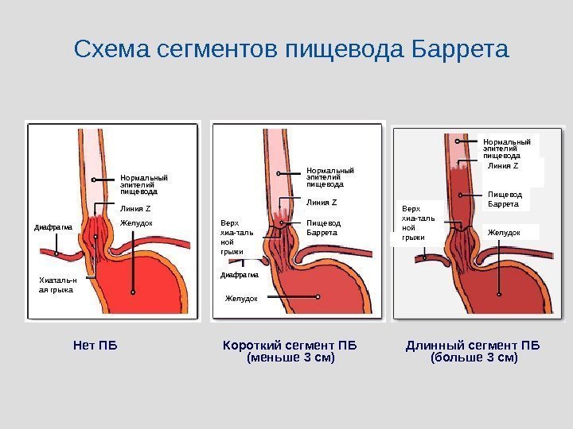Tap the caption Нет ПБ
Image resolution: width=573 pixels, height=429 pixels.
(95, 346)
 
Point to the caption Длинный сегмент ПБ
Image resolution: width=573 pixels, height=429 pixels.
(473, 346)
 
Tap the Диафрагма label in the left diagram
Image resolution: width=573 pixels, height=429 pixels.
(53, 228)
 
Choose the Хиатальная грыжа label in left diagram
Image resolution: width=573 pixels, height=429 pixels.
(57, 285)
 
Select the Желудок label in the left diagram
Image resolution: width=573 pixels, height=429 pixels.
(136, 223)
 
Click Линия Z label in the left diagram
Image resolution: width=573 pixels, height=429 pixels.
(135, 209)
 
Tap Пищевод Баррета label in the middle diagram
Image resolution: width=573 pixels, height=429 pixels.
(323, 228)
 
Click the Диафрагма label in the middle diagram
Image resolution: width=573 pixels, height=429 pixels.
(240, 276)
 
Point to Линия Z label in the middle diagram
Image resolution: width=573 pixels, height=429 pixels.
(322, 203)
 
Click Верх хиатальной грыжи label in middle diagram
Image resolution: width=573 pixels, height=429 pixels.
(236, 237)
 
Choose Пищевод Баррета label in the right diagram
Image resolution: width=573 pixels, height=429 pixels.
(503, 199)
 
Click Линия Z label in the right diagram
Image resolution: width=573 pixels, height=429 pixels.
(503, 165)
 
